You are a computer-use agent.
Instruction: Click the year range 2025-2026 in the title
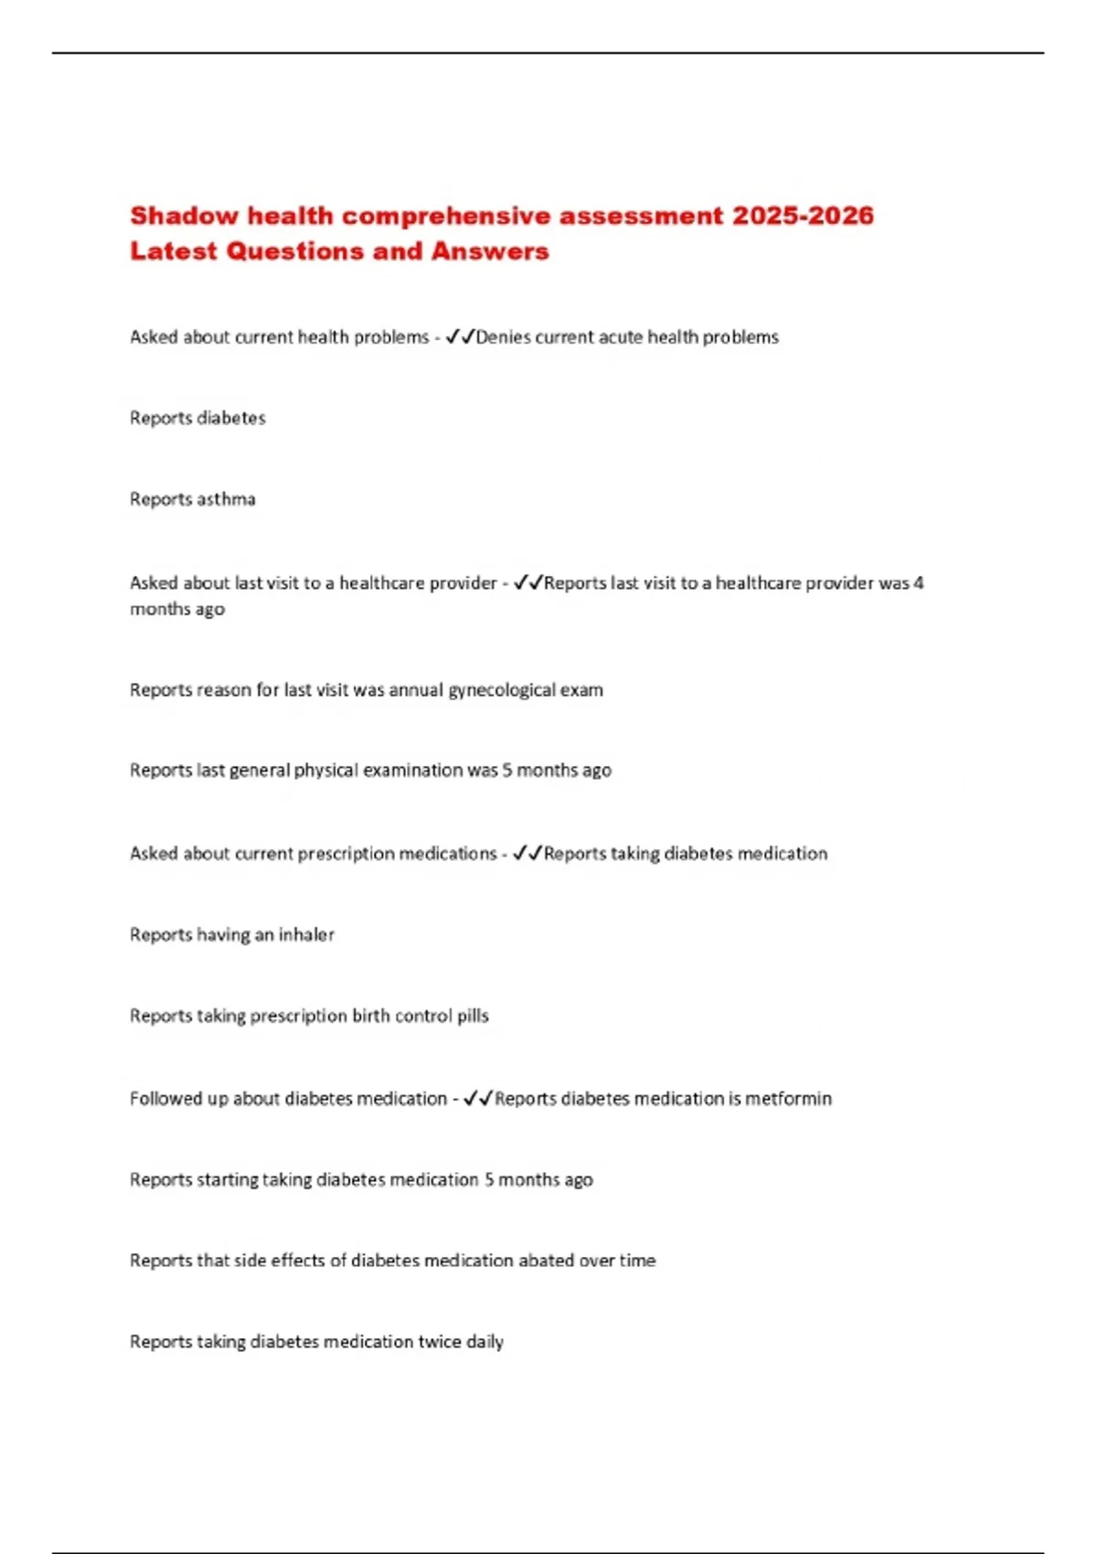click(803, 216)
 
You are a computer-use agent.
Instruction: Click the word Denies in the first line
click(503, 337)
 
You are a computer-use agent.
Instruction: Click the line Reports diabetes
click(197, 418)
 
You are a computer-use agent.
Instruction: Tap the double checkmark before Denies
click(460, 337)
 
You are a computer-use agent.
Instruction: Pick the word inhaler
click(306, 935)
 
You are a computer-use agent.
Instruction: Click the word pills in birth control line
click(473, 1016)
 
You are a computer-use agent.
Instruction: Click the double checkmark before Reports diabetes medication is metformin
click(478, 1099)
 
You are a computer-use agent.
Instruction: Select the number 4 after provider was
click(918, 583)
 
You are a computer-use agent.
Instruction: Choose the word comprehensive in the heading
click(446, 216)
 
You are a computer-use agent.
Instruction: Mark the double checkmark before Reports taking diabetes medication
click(527, 854)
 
